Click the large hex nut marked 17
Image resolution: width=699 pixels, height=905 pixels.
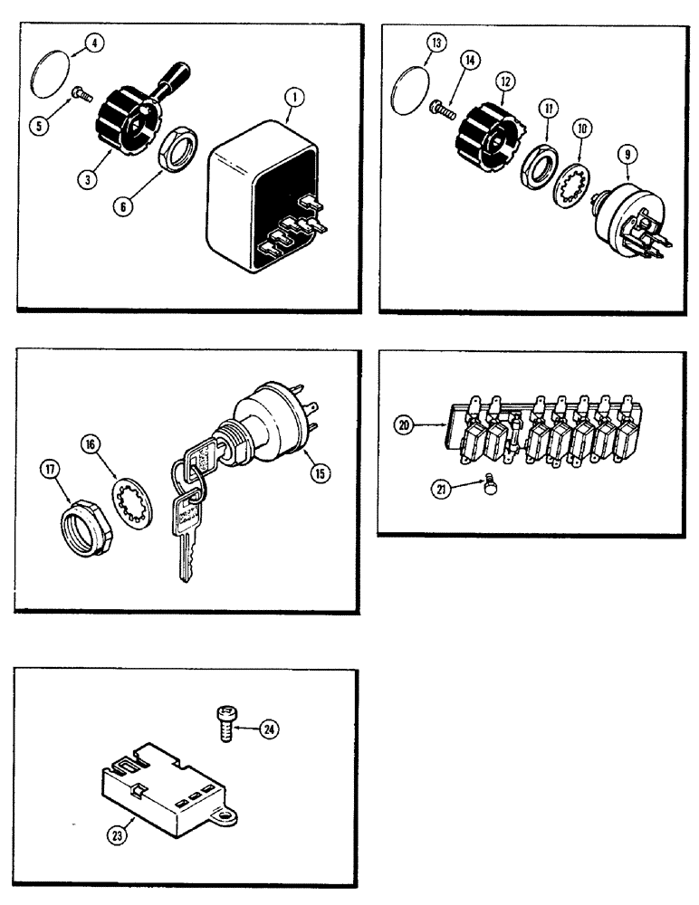pyautogui.click(x=83, y=523)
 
